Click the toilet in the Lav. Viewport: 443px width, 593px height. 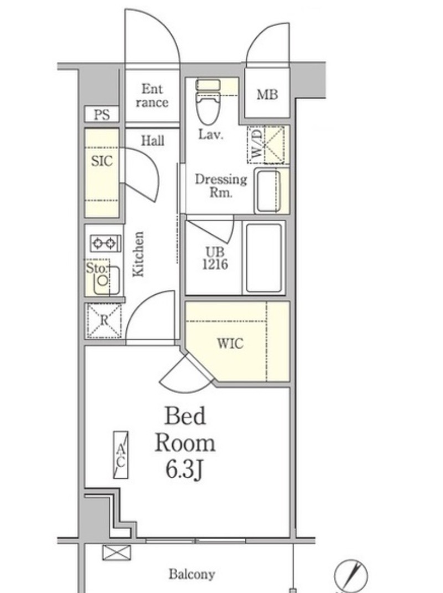pos(208,101)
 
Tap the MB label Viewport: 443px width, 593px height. pos(267,94)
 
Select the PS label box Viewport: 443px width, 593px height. pos(102,114)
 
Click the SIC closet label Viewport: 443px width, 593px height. pos(102,161)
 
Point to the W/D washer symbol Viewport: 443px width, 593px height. pos(266,145)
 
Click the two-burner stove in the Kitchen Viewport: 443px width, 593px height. pos(105,243)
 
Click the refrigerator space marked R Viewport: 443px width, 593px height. pos(104,321)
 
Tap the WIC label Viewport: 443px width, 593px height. pos(230,344)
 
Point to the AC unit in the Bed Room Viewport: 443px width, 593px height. pos(121,455)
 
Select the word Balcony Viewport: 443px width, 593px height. pos(192,574)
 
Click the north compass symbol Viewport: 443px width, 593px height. pos(351,575)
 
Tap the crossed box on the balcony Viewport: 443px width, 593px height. pos(116,553)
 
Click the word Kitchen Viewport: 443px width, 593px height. pos(138,254)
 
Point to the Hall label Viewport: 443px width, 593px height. pos(153,141)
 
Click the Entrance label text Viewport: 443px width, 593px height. pos(152,96)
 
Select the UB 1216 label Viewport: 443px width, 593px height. pos(215,258)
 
